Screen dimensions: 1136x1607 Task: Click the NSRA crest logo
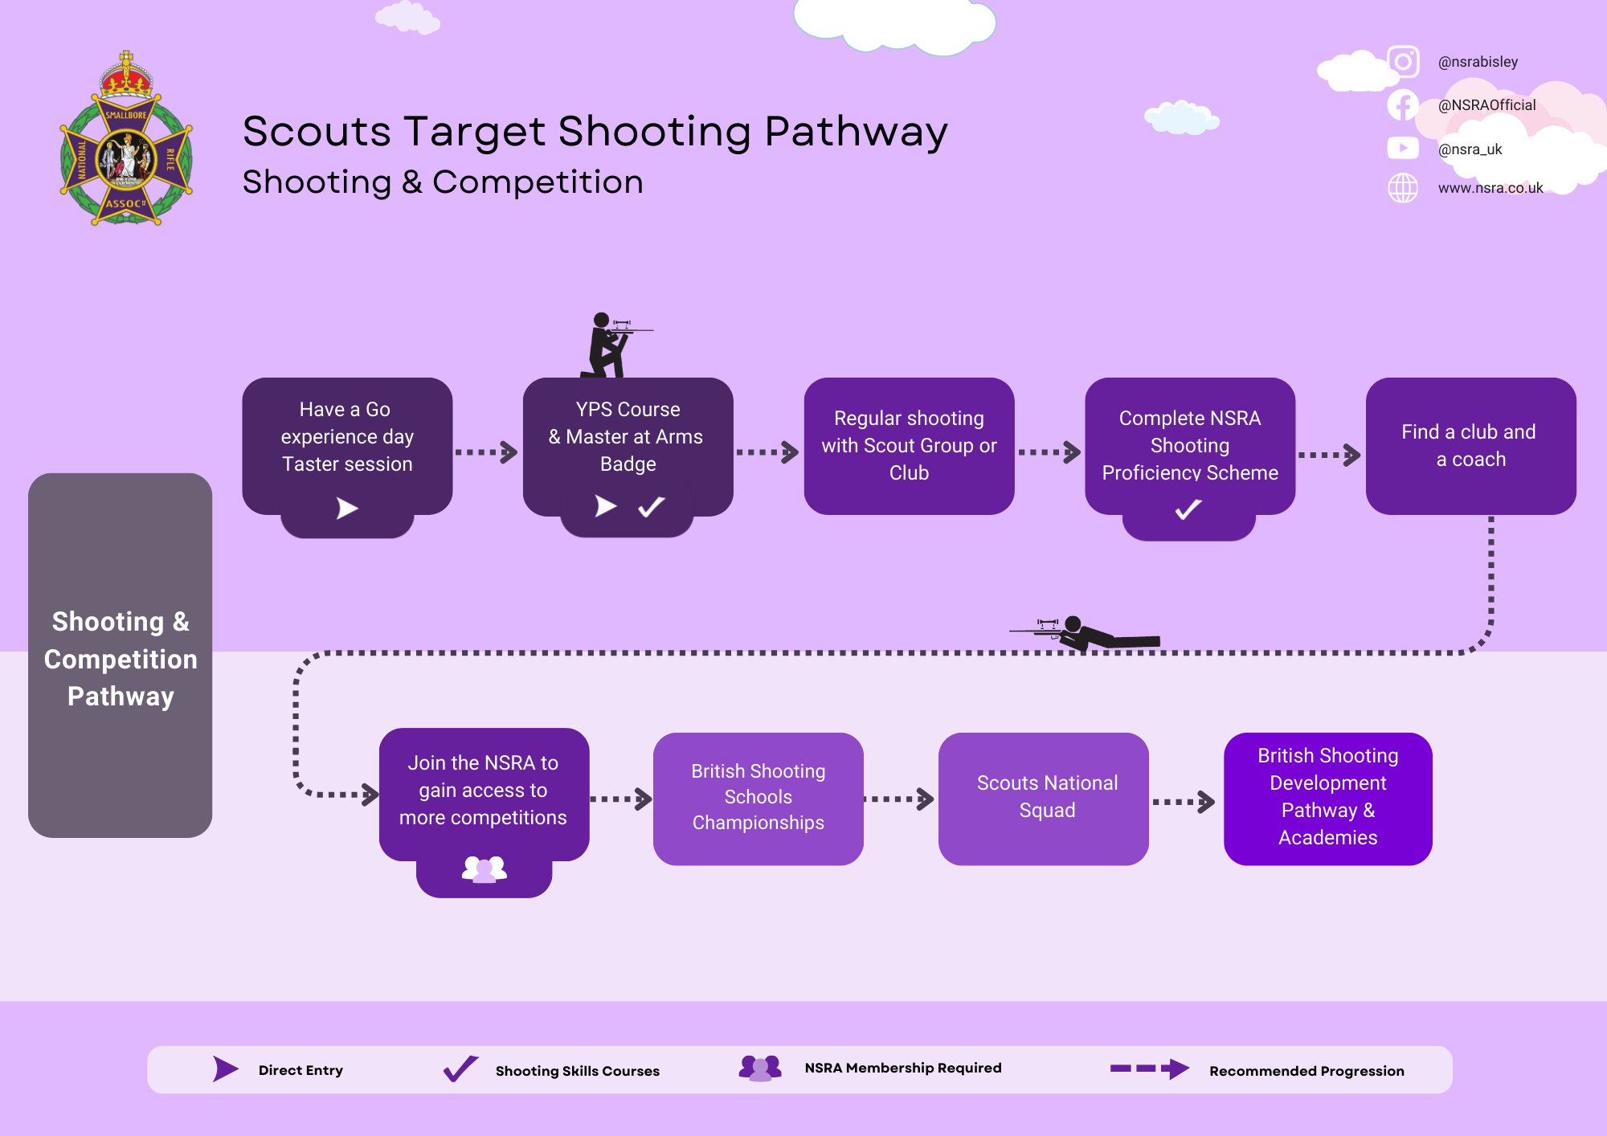point(126,140)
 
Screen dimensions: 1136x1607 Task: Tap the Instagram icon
point(1403,62)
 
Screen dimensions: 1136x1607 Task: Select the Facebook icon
point(1403,105)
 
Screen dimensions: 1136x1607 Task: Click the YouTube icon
point(1403,148)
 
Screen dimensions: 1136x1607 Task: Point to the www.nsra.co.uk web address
point(1490,188)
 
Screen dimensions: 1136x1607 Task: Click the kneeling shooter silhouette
point(611,345)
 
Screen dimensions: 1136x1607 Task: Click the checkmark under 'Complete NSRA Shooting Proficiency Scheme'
point(1188,509)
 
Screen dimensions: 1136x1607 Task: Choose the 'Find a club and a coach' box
point(1470,446)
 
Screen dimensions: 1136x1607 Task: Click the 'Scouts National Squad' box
point(1044,798)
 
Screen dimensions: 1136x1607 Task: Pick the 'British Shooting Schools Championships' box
point(758,798)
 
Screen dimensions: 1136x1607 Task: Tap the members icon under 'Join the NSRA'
point(484,869)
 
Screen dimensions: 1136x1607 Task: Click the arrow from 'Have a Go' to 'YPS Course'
point(487,452)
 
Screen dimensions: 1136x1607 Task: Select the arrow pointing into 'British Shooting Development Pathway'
point(1184,802)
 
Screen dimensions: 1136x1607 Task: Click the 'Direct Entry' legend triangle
point(226,1069)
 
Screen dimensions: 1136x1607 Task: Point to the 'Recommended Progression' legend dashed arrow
point(1149,1069)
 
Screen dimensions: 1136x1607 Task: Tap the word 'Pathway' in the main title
point(856,133)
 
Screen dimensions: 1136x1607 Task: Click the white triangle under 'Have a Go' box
point(347,508)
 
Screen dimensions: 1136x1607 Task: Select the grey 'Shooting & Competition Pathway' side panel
point(121,655)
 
